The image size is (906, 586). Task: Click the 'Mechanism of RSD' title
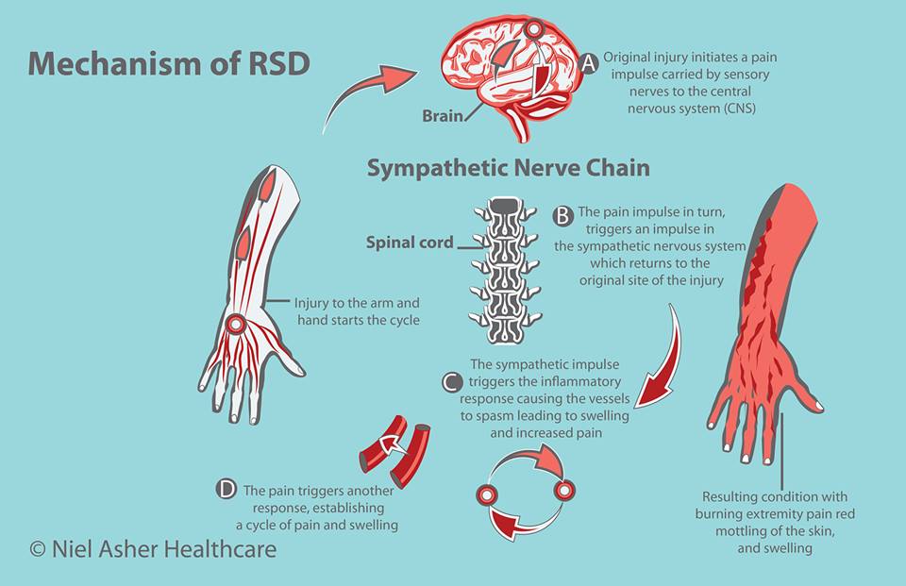(169, 63)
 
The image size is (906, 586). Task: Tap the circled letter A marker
(590, 63)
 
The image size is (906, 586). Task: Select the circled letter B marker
(563, 216)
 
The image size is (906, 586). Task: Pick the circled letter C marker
(452, 382)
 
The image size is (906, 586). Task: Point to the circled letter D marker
(226, 489)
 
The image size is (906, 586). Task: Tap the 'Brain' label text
(443, 118)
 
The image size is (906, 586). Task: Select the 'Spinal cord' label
(411, 242)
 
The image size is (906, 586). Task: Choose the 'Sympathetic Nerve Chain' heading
(508, 169)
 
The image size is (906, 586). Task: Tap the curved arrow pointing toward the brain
(363, 90)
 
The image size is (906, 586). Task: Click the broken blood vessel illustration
(393, 450)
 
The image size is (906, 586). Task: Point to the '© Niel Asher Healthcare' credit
(154, 548)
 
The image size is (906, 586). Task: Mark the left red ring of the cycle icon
(487, 494)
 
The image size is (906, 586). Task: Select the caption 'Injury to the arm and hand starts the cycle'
(357, 312)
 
